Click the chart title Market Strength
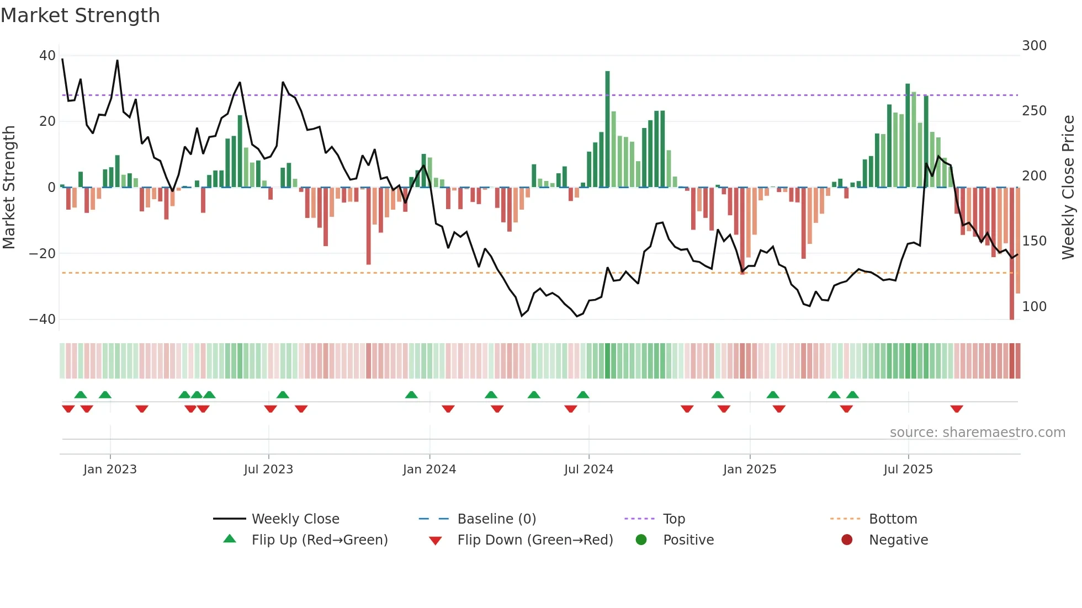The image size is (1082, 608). point(80,15)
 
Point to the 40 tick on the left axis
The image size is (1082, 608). point(47,55)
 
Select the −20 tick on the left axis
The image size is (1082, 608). point(43,253)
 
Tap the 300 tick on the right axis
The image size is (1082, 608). point(1034,45)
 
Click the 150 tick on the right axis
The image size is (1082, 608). point(1034,241)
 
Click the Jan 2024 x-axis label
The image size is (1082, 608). point(429,470)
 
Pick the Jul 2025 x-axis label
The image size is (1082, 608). point(908,470)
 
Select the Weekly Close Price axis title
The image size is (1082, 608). point(1068,188)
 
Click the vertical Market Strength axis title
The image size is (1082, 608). point(9,188)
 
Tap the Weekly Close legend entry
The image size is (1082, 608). point(295,519)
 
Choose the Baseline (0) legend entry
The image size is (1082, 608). point(496,519)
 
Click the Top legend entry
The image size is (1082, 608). point(673,519)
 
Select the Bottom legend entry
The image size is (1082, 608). point(893,519)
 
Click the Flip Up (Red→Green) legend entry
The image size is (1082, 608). point(319,540)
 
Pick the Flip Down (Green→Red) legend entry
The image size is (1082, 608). point(534,540)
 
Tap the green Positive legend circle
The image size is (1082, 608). point(641,540)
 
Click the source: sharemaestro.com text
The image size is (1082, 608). point(977,433)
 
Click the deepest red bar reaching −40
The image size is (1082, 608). point(1011,254)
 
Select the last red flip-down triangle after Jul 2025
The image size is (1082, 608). point(957,409)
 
